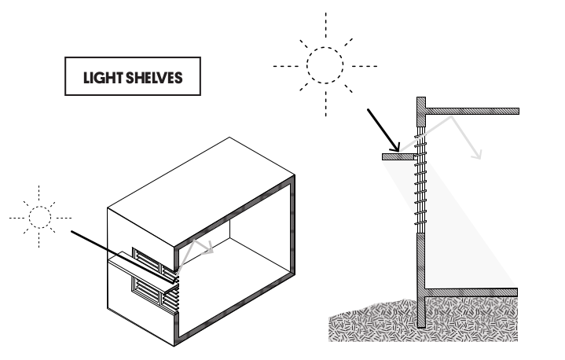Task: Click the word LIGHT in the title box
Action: [x=103, y=78]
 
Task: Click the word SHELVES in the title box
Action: [x=155, y=78]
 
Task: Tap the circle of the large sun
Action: [x=325, y=65]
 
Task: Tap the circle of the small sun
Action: [x=39, y=218]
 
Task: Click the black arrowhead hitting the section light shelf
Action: [x=395, y=147]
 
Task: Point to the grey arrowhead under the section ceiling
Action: [x=477, y=155]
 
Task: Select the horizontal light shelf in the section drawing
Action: [x=399, y=156]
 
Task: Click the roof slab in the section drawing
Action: [x=472, y=111]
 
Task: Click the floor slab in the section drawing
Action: [x=471, y=292]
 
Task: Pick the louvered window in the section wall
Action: [x=420, y=180]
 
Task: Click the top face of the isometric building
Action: [x=201, y=192]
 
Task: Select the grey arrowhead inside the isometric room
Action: [x=208, y=249]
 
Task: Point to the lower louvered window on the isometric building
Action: [x=155, y=295]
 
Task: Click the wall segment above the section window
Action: [x=421, y=112]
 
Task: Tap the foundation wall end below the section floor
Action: [x=421, y=312]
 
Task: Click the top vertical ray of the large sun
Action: [x=326, y=25]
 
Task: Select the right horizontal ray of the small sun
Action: [x=64, y=218]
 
